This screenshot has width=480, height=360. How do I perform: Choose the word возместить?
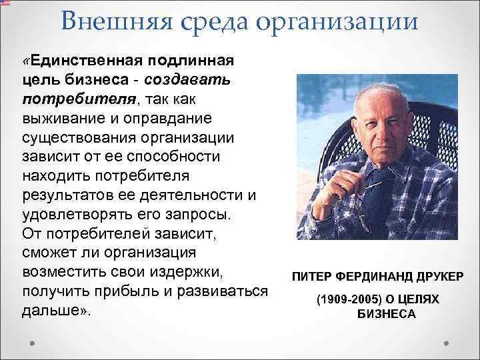(x=67, y=273)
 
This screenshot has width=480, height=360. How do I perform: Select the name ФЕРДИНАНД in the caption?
(x=368, y=276)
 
